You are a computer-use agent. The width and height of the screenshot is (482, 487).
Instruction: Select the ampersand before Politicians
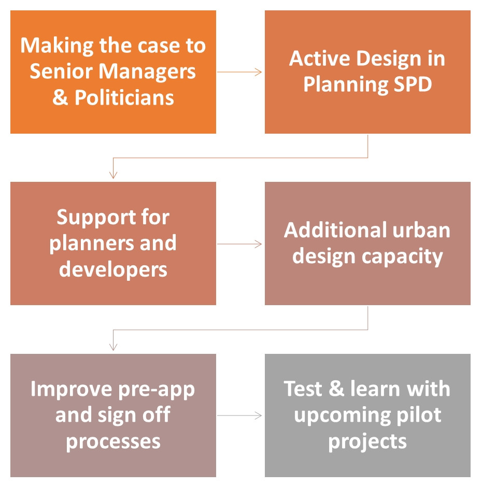click(60, 97)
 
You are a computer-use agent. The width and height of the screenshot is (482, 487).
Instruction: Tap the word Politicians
click(124, 97)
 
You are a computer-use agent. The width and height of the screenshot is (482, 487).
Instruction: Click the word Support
click(96, 218)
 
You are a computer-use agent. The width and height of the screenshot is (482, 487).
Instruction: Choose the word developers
click(113, 269)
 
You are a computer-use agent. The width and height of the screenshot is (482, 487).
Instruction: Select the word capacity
click(402, 257)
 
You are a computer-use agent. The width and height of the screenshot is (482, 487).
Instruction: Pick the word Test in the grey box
click(303, 389)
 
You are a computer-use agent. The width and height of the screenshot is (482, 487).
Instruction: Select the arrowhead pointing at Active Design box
click(258, 72)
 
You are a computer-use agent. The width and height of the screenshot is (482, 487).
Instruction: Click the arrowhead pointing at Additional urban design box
click(258, 244)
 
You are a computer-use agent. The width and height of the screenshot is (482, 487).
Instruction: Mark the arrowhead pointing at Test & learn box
click(258, 416)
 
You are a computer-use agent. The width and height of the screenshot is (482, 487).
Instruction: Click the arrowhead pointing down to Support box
click(114, 175)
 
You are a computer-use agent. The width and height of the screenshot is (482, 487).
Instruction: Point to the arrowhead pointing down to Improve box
click(114, 347)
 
